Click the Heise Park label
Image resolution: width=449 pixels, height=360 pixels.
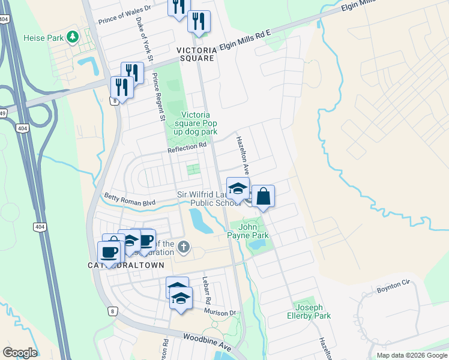tap(43, 38)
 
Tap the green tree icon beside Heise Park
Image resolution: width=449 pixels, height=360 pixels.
tap(73, 38)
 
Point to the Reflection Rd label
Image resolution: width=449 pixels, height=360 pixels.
tap(187, 145)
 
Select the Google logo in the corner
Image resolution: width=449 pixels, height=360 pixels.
tap(20, 353)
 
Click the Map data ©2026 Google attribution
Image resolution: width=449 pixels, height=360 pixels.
tap(412, 355)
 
